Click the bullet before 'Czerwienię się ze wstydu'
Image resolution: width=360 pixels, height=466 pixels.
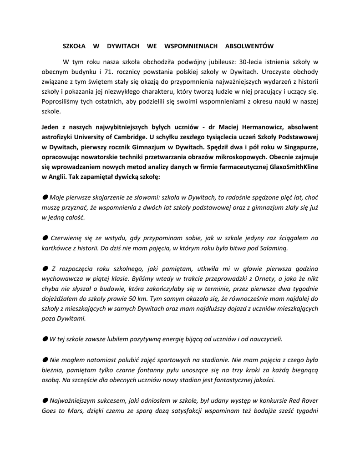pyautogui.click(x=45, y=238)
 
